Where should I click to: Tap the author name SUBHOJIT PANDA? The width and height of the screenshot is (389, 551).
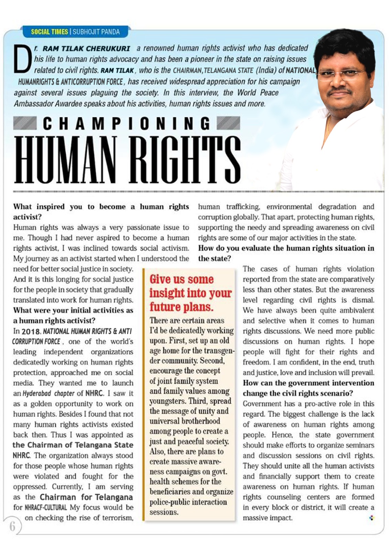click(x=96, y=32)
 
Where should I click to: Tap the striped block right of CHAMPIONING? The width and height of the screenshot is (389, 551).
click(x=229, y=123)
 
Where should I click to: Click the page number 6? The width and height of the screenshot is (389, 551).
click(x=12, y=526)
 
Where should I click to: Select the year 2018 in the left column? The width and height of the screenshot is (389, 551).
click(x=31, y=332)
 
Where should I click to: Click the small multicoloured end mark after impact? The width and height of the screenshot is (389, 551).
click(x=371, y=518)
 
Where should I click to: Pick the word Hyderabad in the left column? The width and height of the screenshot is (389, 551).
click(x=36, y=393)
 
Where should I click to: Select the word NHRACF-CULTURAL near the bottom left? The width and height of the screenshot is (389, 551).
click(x=45, y=508)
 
